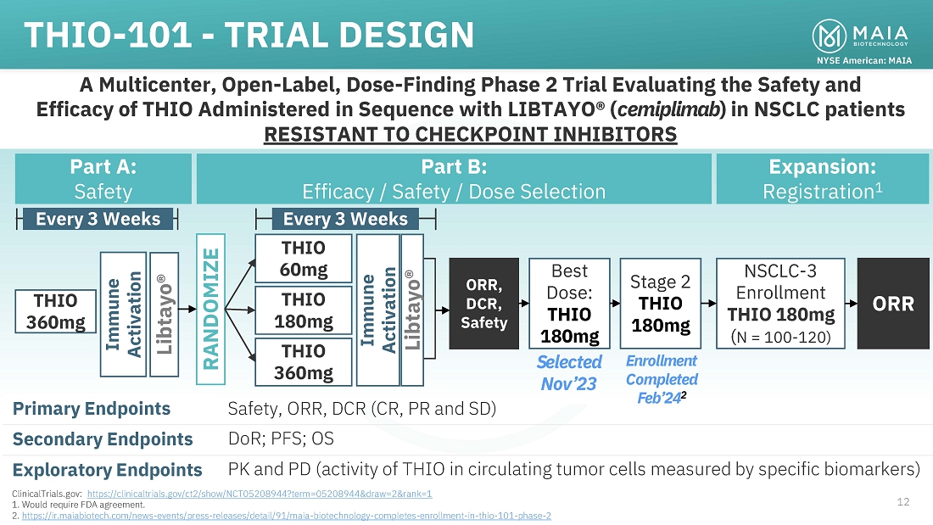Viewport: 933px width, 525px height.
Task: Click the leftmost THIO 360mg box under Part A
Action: (55, 311)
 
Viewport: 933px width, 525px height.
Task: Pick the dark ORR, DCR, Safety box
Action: (483, 304)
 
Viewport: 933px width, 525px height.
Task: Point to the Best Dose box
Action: (569, 304)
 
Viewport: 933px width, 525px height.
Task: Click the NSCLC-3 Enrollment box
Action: (780, 304)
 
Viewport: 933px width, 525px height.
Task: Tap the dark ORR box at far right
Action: (894, 304)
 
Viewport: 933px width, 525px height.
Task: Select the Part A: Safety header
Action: (103, 179)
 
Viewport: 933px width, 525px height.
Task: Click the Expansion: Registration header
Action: (822, 179)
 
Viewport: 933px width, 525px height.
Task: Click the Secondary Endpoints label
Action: (103, 439)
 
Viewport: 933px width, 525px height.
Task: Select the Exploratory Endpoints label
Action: (108, 470)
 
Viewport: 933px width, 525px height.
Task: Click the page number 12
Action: (902, 502)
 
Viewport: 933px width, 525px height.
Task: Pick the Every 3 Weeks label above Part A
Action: (98, 219)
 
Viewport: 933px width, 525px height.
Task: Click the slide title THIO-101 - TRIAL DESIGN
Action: (249, 35)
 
